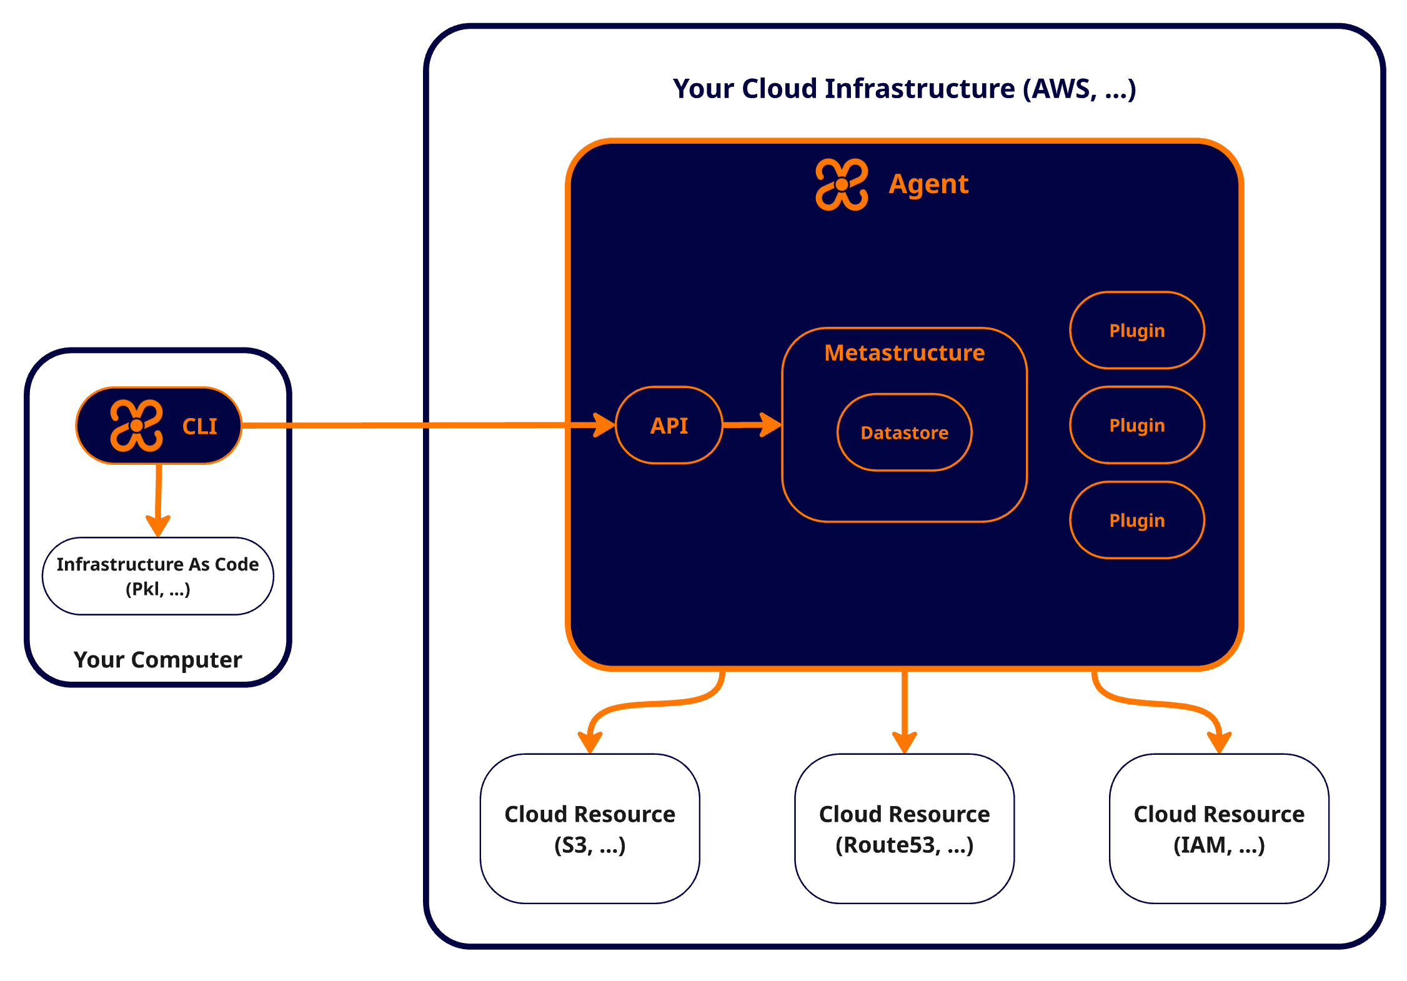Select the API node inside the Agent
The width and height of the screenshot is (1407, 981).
(x=669, y=426)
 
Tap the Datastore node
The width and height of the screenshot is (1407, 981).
(x=904, y=432)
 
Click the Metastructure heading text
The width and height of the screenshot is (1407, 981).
(x=904, y=353)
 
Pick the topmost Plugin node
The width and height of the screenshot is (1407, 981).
(x=1136, y=331)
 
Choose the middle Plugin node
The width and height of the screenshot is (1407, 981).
(x=1136, y=426)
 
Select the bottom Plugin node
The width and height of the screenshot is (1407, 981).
(x=1136, y=520)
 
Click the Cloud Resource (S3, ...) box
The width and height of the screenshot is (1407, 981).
(x=590, y=829)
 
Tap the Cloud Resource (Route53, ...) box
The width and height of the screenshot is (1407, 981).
(x=904, y=829)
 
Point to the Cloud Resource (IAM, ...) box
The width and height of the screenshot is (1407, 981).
(x=1219, y=829)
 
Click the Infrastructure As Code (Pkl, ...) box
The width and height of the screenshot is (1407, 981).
(x=157, y=576)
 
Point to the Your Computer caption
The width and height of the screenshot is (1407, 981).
(x=157, y=660)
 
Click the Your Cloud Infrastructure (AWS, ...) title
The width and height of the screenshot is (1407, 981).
(x=904, y=89)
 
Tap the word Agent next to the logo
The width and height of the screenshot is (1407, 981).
(x=928, y=184)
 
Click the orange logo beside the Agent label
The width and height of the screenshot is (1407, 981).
(x=842, y=184)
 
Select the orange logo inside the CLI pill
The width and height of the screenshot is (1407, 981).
(x=136, y=426)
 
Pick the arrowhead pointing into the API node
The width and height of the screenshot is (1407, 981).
(x=604, y=425)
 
